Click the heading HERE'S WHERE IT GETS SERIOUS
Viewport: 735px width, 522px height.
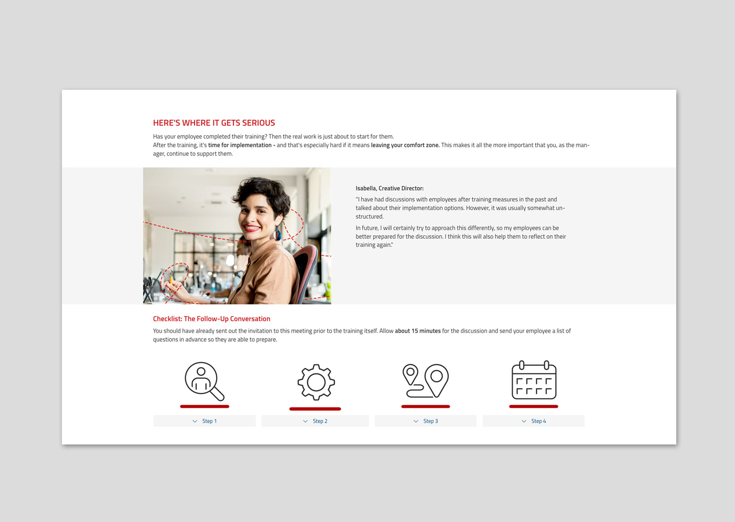click(x=214, y=123)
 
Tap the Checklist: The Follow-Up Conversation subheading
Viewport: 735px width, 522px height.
click(x=212, y=319)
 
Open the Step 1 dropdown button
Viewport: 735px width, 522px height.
click(x=204, y=421)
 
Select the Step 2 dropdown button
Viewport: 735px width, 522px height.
click(x=315, y=421)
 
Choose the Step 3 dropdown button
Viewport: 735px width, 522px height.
click(x=426, y=421)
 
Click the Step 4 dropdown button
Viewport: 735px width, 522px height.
click(x=533, y=421)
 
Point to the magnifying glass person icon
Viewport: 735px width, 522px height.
click(x=204, y=381)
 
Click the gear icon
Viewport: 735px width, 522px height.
click(x=316, y=382)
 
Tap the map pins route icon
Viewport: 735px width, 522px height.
click(x=426, y=381)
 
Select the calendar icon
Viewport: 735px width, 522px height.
click(x=534, y=380)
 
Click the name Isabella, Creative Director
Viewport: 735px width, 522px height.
click(x=389, y=188)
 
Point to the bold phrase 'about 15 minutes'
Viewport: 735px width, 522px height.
click(x=418, y=331)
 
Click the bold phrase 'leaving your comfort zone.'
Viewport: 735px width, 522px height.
click(x=405, y=145)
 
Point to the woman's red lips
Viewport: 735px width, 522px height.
click(x=252, y=228)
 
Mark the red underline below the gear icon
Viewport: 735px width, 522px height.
click(x=315, y=409)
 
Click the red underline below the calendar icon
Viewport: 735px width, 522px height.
click(x=533, y=407)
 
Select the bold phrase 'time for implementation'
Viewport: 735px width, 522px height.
click(x=240, y=145)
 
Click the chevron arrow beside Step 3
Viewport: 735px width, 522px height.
click(x=416, y=421)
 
